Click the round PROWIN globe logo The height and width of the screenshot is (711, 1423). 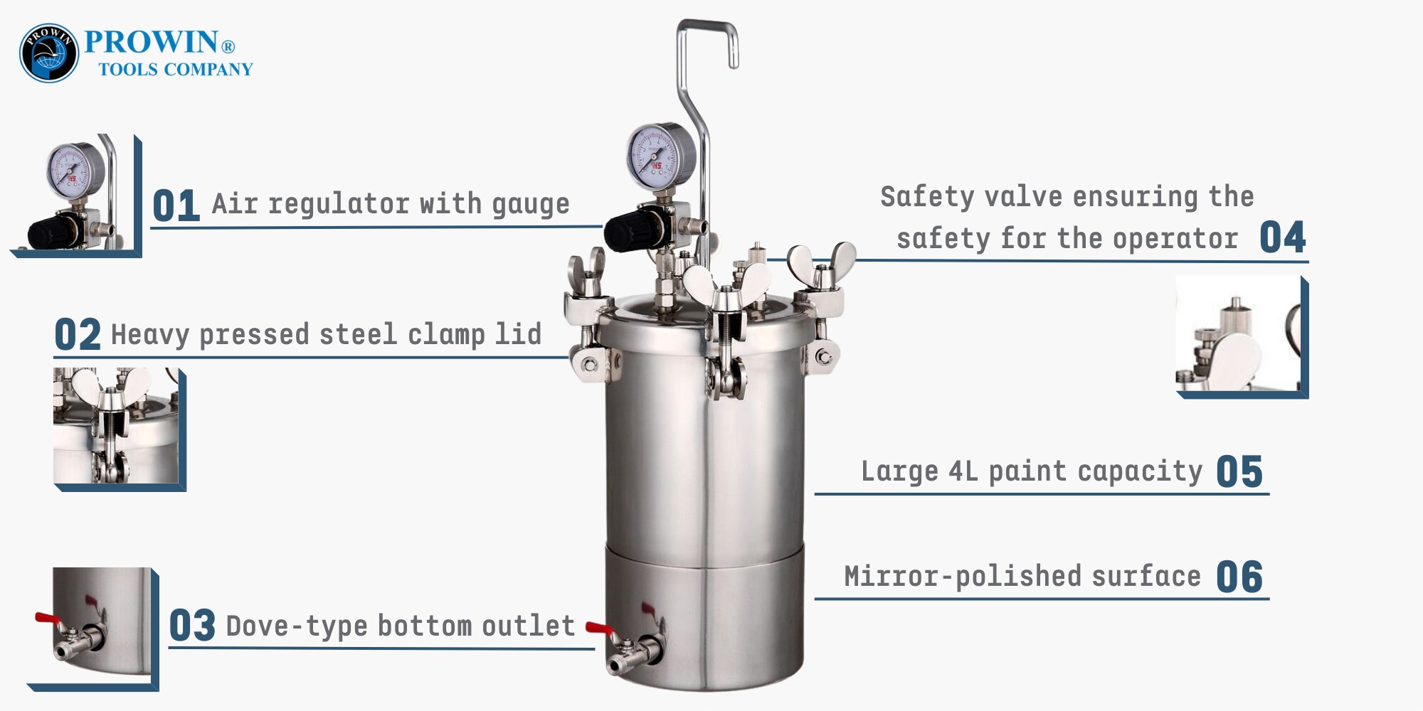coord(48,53)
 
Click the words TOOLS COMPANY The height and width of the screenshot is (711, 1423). coord(176,69)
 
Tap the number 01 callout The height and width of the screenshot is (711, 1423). coord(176,205)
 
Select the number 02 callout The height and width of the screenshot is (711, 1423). coord(78,334)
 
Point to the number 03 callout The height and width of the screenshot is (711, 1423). coord(192,626)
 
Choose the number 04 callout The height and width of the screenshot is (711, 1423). coord(1283,237)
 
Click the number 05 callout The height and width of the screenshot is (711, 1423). coord(1239,471)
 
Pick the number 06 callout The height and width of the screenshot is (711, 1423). coord(1239,577)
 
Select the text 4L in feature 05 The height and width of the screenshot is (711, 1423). coord(963,471)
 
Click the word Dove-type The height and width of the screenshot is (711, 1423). coord(297,626)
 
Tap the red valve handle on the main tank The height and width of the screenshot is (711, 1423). coord(599,629)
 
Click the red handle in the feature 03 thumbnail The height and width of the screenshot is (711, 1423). coord(48,619)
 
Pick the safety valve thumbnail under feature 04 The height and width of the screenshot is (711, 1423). coord(1242,336)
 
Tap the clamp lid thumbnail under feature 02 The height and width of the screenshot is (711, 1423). coord(120,429)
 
